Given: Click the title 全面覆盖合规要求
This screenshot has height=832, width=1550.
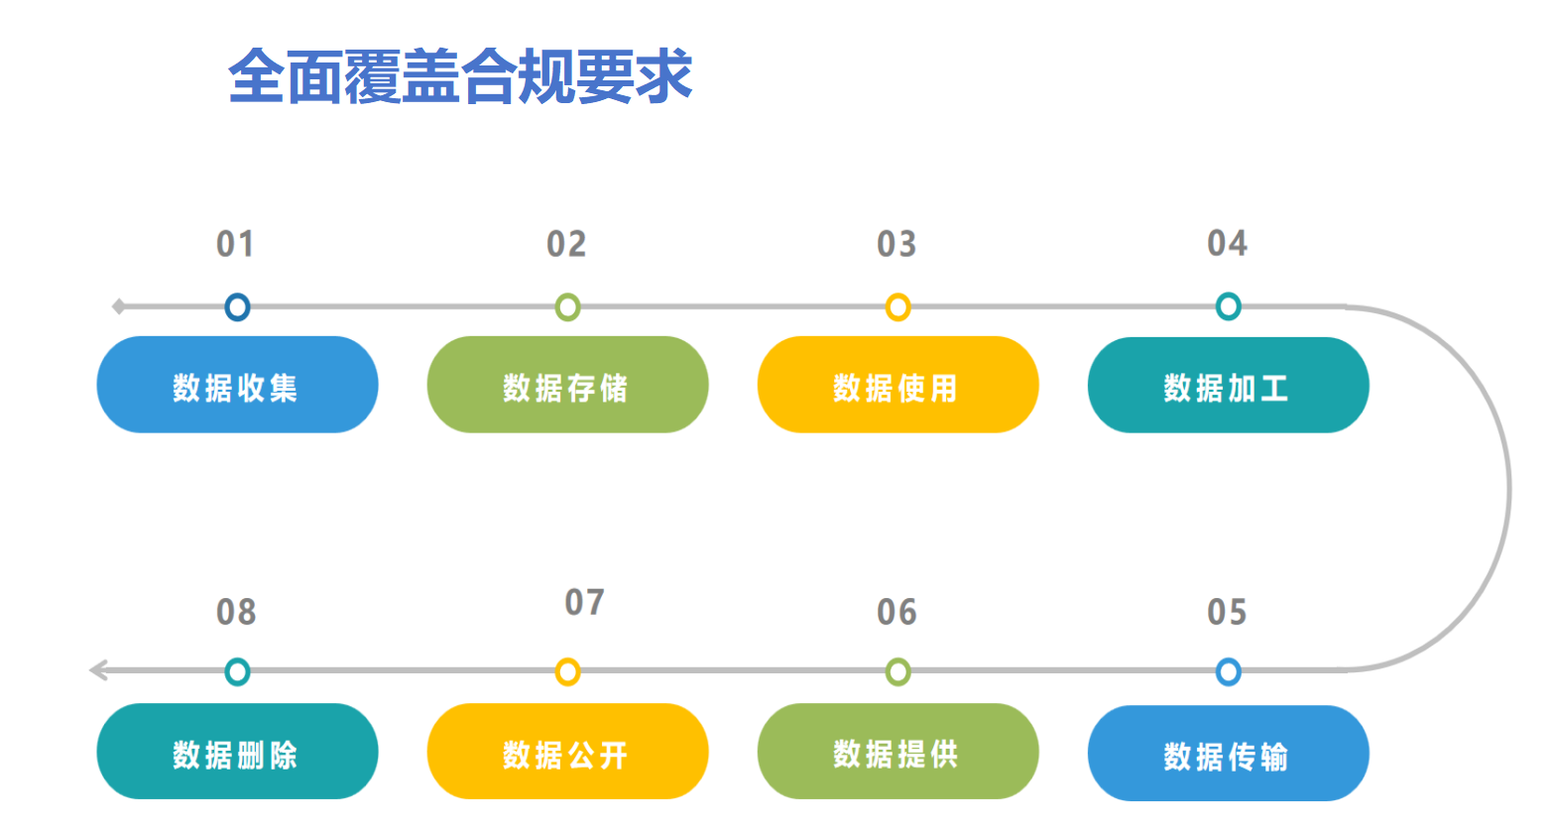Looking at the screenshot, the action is pos(460,76).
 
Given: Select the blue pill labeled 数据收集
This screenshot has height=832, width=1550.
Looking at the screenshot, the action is pos(237,385).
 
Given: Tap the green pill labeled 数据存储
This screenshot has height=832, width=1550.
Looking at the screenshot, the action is pos(567,385).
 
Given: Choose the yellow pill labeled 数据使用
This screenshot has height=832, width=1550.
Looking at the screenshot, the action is pos(898,385).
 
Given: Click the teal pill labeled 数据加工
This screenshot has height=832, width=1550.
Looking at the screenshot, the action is pos(1229,385).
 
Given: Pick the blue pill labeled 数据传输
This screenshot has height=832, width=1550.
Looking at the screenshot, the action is pos(1229,753).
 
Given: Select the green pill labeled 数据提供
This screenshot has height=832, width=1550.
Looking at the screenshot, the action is pos(898,752).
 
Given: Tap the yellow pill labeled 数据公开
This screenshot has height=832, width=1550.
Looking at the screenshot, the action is pos(567,752).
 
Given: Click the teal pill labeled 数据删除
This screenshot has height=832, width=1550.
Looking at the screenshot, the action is pos(237,752).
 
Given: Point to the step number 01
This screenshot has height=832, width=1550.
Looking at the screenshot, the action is pos(235,244).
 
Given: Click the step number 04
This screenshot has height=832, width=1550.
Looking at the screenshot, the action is pos(1228,243).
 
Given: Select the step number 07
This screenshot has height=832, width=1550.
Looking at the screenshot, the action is pos(585,602).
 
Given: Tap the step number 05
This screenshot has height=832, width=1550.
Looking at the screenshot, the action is pos(1227,612).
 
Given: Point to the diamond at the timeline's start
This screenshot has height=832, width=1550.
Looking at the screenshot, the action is pos(119,306).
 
